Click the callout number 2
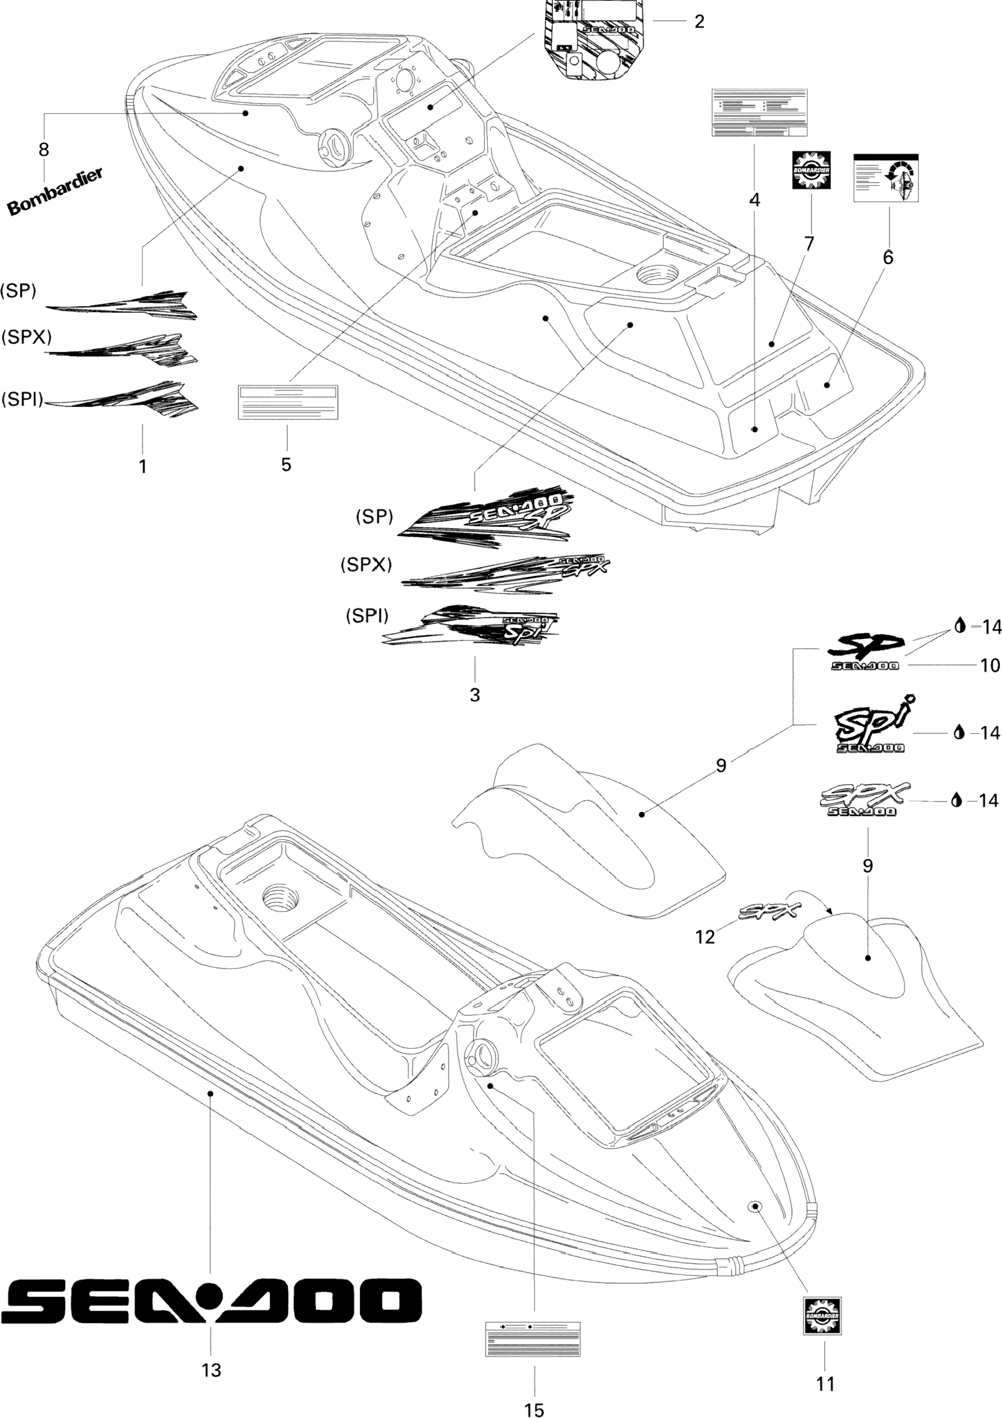(x=699, y=21)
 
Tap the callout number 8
(x=44, y=150)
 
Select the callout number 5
(x=286, y=464)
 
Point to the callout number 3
(x=474, y=695)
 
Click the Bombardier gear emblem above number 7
(x=812, y=170)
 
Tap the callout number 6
(x=888, y=257)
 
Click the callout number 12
(x=705, y=937)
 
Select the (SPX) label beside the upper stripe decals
(x=26, y=337)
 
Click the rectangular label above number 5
(x=288, y=401)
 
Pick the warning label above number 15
(x=533, y=1338)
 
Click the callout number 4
(x=754, y=200)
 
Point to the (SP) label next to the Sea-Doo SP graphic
(x=374, y=516)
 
